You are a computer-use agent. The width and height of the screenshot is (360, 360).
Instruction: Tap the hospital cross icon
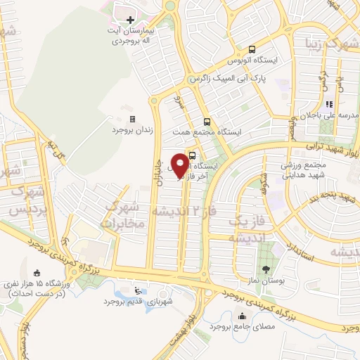tap(130, 20)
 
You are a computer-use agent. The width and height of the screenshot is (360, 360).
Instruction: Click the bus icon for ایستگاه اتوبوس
tap(252, 49)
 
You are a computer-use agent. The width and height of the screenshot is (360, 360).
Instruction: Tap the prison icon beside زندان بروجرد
tap(133, 120)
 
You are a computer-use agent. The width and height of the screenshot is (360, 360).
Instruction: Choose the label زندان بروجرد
tap(133, 130)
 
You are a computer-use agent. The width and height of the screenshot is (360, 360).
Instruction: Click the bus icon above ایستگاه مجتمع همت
tap(206, 121)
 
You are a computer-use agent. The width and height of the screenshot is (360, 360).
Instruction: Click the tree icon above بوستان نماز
tap(265, 269)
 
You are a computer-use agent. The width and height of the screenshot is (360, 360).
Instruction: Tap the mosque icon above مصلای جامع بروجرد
tap(243, 316)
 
